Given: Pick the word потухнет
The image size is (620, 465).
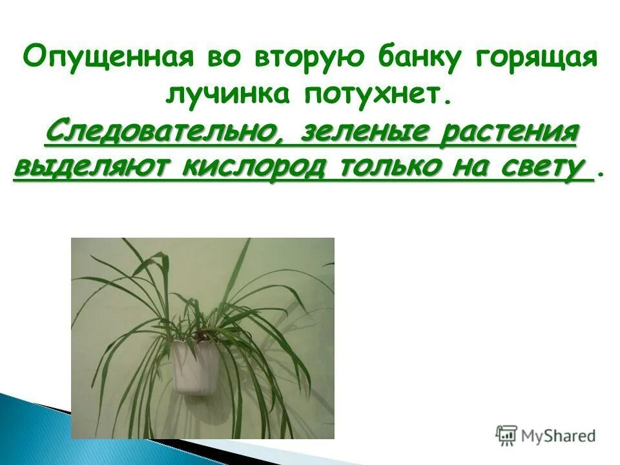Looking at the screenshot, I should [x=373, y=94].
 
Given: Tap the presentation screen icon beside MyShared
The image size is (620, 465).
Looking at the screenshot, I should [x=506, y=435].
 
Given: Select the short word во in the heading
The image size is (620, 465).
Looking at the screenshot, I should [x=222, y=57].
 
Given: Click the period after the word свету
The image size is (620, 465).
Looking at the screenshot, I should [x=603, y=173].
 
